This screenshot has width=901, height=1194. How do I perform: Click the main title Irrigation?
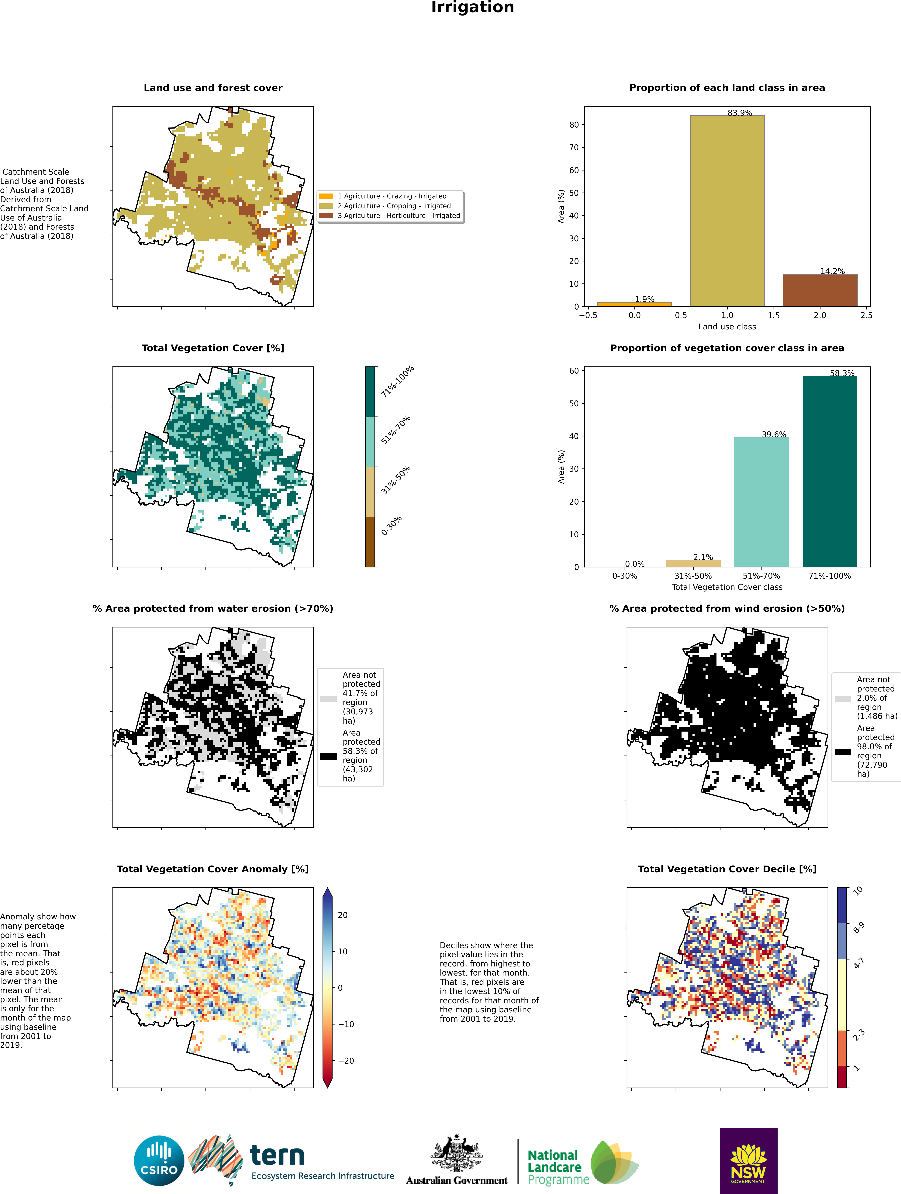[x=472, y=8]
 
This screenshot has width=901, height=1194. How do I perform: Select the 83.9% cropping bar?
[x=727, y=211]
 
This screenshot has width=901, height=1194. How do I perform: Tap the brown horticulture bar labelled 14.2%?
[x=820, y=290]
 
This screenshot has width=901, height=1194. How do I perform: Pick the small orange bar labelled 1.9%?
[x=634, y=304]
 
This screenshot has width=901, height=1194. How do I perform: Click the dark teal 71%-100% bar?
[x=830, y=471]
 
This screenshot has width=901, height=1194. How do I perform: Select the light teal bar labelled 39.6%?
[x=761, y=502]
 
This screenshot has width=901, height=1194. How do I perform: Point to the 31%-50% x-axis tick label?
[x=693, y=576]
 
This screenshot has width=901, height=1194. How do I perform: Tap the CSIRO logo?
[x=159, y=1161]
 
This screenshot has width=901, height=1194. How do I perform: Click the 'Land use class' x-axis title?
[x=727, y=327]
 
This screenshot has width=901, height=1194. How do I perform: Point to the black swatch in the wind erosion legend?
[x=843, y=751]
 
